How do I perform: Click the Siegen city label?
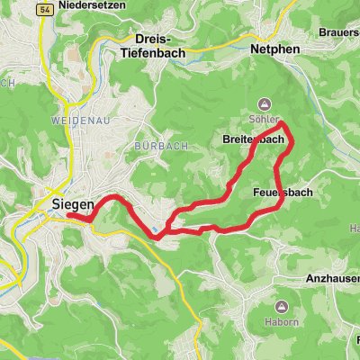tap(67, 203)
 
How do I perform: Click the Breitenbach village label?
tap(253, 141)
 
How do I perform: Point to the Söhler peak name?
tap(265, 118)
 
